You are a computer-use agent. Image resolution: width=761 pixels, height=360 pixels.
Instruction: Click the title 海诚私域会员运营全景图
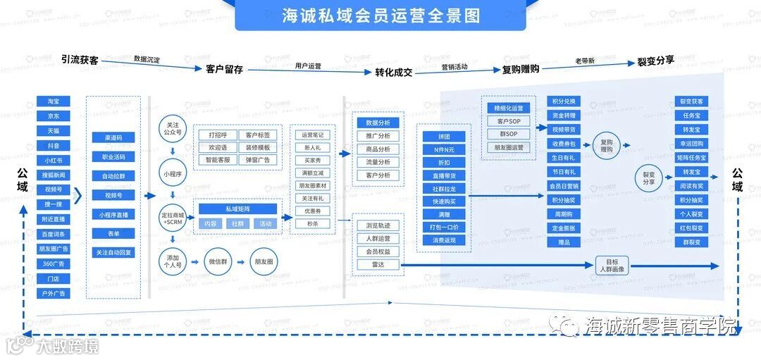coord(380,15)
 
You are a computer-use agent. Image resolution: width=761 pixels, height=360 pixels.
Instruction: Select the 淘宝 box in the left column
coord(54,101)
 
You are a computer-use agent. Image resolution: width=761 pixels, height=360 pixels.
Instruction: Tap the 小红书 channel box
coord(54,161)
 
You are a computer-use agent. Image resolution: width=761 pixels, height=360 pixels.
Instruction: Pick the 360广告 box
coord(54,263)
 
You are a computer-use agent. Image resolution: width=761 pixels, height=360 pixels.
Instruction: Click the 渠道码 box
coord(113,137)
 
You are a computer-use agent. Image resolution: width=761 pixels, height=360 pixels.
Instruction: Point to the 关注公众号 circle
coord(172,128)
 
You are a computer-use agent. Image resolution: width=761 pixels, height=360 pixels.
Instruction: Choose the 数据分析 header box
coord(378,122)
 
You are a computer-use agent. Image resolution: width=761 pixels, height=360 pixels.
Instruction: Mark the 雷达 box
coord(378,264)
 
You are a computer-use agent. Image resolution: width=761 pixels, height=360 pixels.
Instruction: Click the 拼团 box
coord(444,136)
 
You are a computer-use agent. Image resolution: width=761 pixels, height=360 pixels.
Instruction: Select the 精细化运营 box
coord(509,108)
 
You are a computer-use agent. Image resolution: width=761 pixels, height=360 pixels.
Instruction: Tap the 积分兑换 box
coord(564,101)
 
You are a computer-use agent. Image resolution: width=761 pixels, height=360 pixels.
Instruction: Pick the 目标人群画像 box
coord(612,266)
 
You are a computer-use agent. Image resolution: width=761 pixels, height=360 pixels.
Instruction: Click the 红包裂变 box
coord(691,228)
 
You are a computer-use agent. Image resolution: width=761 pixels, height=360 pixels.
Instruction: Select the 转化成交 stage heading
coord(393,72)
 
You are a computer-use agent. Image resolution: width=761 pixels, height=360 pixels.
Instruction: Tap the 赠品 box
coord(564,242)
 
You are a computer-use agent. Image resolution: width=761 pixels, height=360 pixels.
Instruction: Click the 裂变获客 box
coord(691,101)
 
